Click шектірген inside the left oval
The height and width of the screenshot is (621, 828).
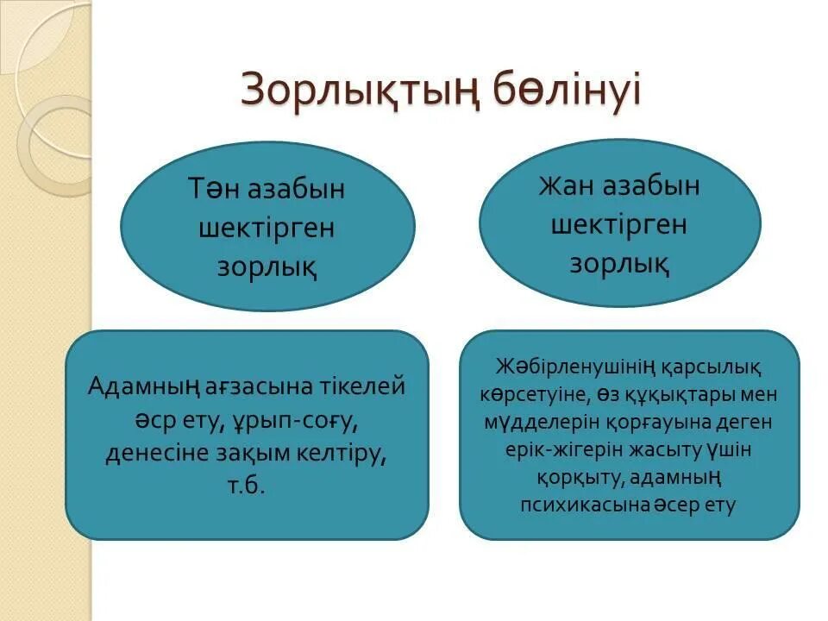[267, 229]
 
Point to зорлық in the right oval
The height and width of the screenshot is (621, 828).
[618, 264]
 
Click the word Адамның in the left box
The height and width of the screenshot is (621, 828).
[143, 386]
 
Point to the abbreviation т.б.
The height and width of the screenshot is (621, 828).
[247, 486]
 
